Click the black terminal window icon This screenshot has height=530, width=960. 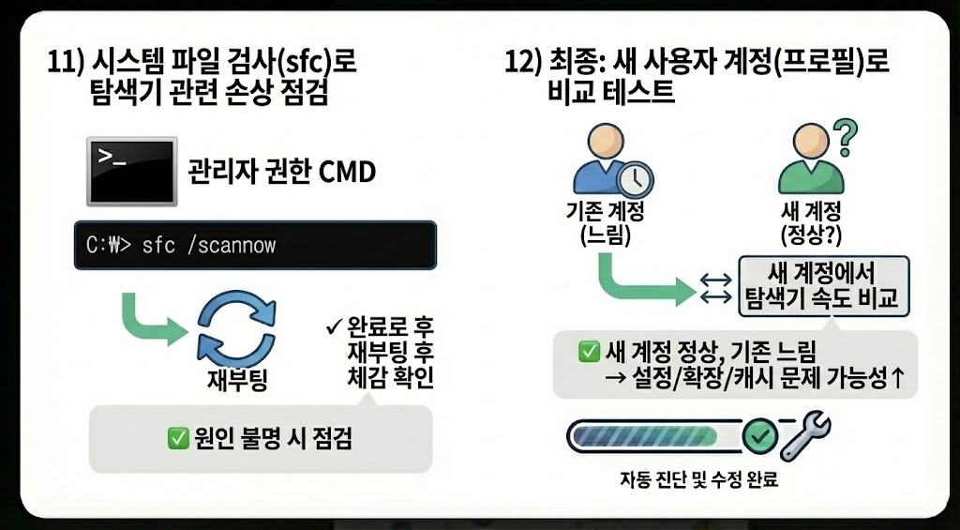[131, 172]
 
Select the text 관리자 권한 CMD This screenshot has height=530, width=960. [281, 174]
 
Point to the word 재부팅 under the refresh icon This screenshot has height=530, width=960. [237, 379]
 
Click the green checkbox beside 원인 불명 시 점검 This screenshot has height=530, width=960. [176, 437]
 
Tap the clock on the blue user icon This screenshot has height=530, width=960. [637, 176]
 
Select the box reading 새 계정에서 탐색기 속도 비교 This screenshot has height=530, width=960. [822, 285]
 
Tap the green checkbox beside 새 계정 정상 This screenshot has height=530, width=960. [590, 353]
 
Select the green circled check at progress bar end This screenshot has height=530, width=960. [757, 435]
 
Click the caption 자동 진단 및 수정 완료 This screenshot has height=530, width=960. [698, 481]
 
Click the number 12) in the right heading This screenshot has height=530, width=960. [525, 66]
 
